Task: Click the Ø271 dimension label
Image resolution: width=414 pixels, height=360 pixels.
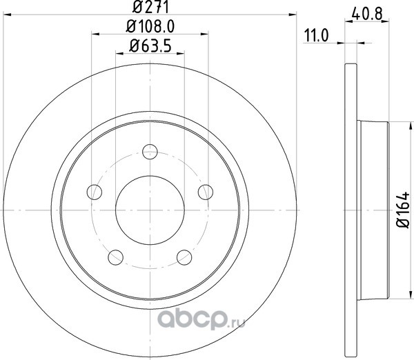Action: click(x=150, y=7)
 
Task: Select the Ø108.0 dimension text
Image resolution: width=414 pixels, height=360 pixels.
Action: click(x=150, y=26)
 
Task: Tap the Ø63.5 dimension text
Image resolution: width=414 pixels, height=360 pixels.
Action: click(x=150, y=46)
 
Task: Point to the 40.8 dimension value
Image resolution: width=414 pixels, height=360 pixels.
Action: click(x=367, y=14)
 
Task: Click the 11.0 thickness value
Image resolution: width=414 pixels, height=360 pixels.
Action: click(x=317, y=36)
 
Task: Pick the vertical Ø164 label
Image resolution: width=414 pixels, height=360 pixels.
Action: click(x=403, y=210)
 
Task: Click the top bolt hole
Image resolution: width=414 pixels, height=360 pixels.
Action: click(x=150, y=152)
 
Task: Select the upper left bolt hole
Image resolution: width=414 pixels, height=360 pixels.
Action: click(x=95, y=192)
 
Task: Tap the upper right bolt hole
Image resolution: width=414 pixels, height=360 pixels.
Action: click(x=206, y=192)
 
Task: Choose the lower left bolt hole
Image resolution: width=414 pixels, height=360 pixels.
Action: click(x=116, y=258)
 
